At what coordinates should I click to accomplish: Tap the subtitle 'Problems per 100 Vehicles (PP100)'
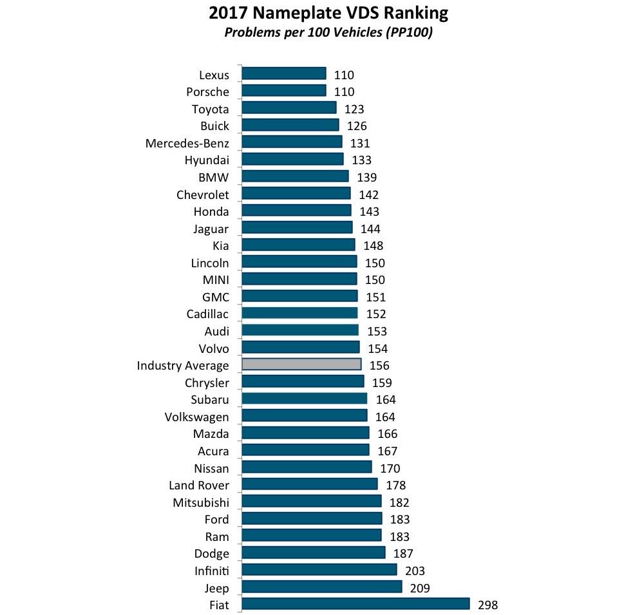tap(328, 33)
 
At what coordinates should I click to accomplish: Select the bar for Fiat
tap(355, 604)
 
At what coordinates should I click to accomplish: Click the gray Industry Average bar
tap(301, 364)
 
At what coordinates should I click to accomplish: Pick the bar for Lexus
tap(284, 73)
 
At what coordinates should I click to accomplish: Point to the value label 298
tap(488, 605)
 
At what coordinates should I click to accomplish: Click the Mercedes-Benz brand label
tap(187, 142)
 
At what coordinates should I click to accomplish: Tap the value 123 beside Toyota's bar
tap(354, 108)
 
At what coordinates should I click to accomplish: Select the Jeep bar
tap(322, 587)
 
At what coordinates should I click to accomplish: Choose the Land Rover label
tap(198, 485)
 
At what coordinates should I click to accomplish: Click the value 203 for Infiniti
tap(415, 571)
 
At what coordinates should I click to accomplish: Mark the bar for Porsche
tap(284, 91)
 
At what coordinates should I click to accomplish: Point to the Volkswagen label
tap(196, 417)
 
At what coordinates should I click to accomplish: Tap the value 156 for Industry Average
tap(379, 365)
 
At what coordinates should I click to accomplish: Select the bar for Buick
tap(290, 125)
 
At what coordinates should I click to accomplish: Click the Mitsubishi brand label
tap(200, 502)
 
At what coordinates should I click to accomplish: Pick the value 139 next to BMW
tap(366, 176)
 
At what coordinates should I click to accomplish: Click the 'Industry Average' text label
tap(183, 365)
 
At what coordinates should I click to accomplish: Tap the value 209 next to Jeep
tap(419, 587)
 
